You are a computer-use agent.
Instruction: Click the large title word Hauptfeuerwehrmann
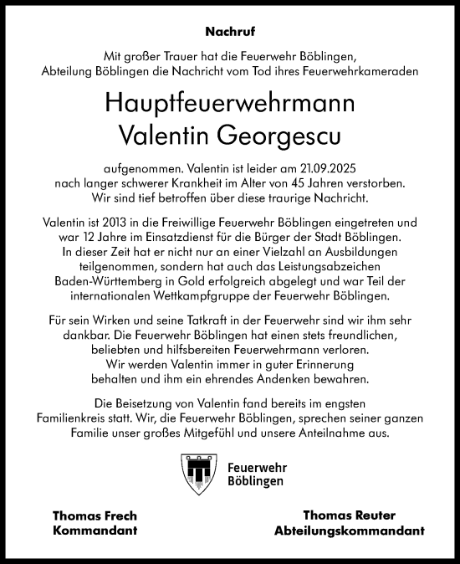click(230, 103)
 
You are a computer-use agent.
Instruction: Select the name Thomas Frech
click(94, 515)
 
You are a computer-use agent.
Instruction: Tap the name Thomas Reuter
click(350, 515)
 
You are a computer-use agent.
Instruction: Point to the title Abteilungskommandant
click(350, 531)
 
